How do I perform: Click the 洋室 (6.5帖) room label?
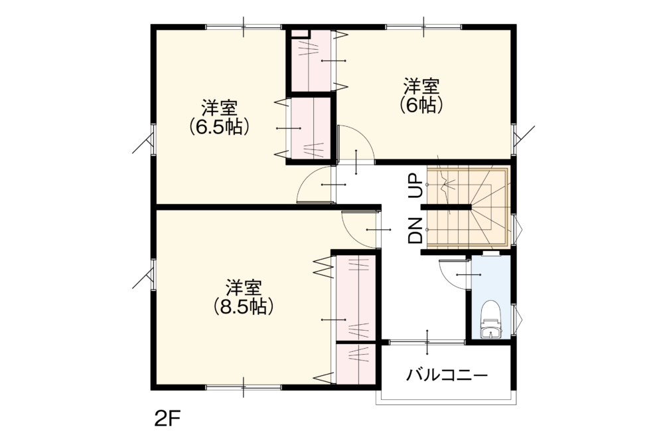coord(219,117)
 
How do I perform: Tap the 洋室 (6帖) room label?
coord(421,96)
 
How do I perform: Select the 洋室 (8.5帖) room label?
coord(244,297)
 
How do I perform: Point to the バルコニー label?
coord(447,375)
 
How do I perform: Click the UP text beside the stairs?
coord(416,186)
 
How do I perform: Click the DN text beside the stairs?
coord(415,230)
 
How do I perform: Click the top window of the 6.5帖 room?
coord(244,27)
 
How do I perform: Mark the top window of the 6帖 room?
coord(423,27)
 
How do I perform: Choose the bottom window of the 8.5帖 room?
coord(244,387)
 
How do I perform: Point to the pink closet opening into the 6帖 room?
coord(311,60)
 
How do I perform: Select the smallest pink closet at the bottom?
coord(356,364)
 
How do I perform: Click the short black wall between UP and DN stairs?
coord(446,207)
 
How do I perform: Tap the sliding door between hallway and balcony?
coord(427,342)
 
